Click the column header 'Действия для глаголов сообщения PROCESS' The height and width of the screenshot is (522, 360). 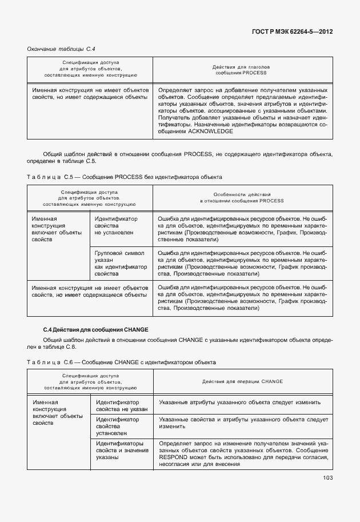click(242, 70)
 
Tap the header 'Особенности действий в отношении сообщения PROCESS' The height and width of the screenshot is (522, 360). click(242, 198)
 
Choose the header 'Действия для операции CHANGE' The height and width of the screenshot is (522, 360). click(242, 381)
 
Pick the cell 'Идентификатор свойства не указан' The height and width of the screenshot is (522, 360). click(122, 406)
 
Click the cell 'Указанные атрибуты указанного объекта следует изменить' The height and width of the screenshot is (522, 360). click(239, 403)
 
